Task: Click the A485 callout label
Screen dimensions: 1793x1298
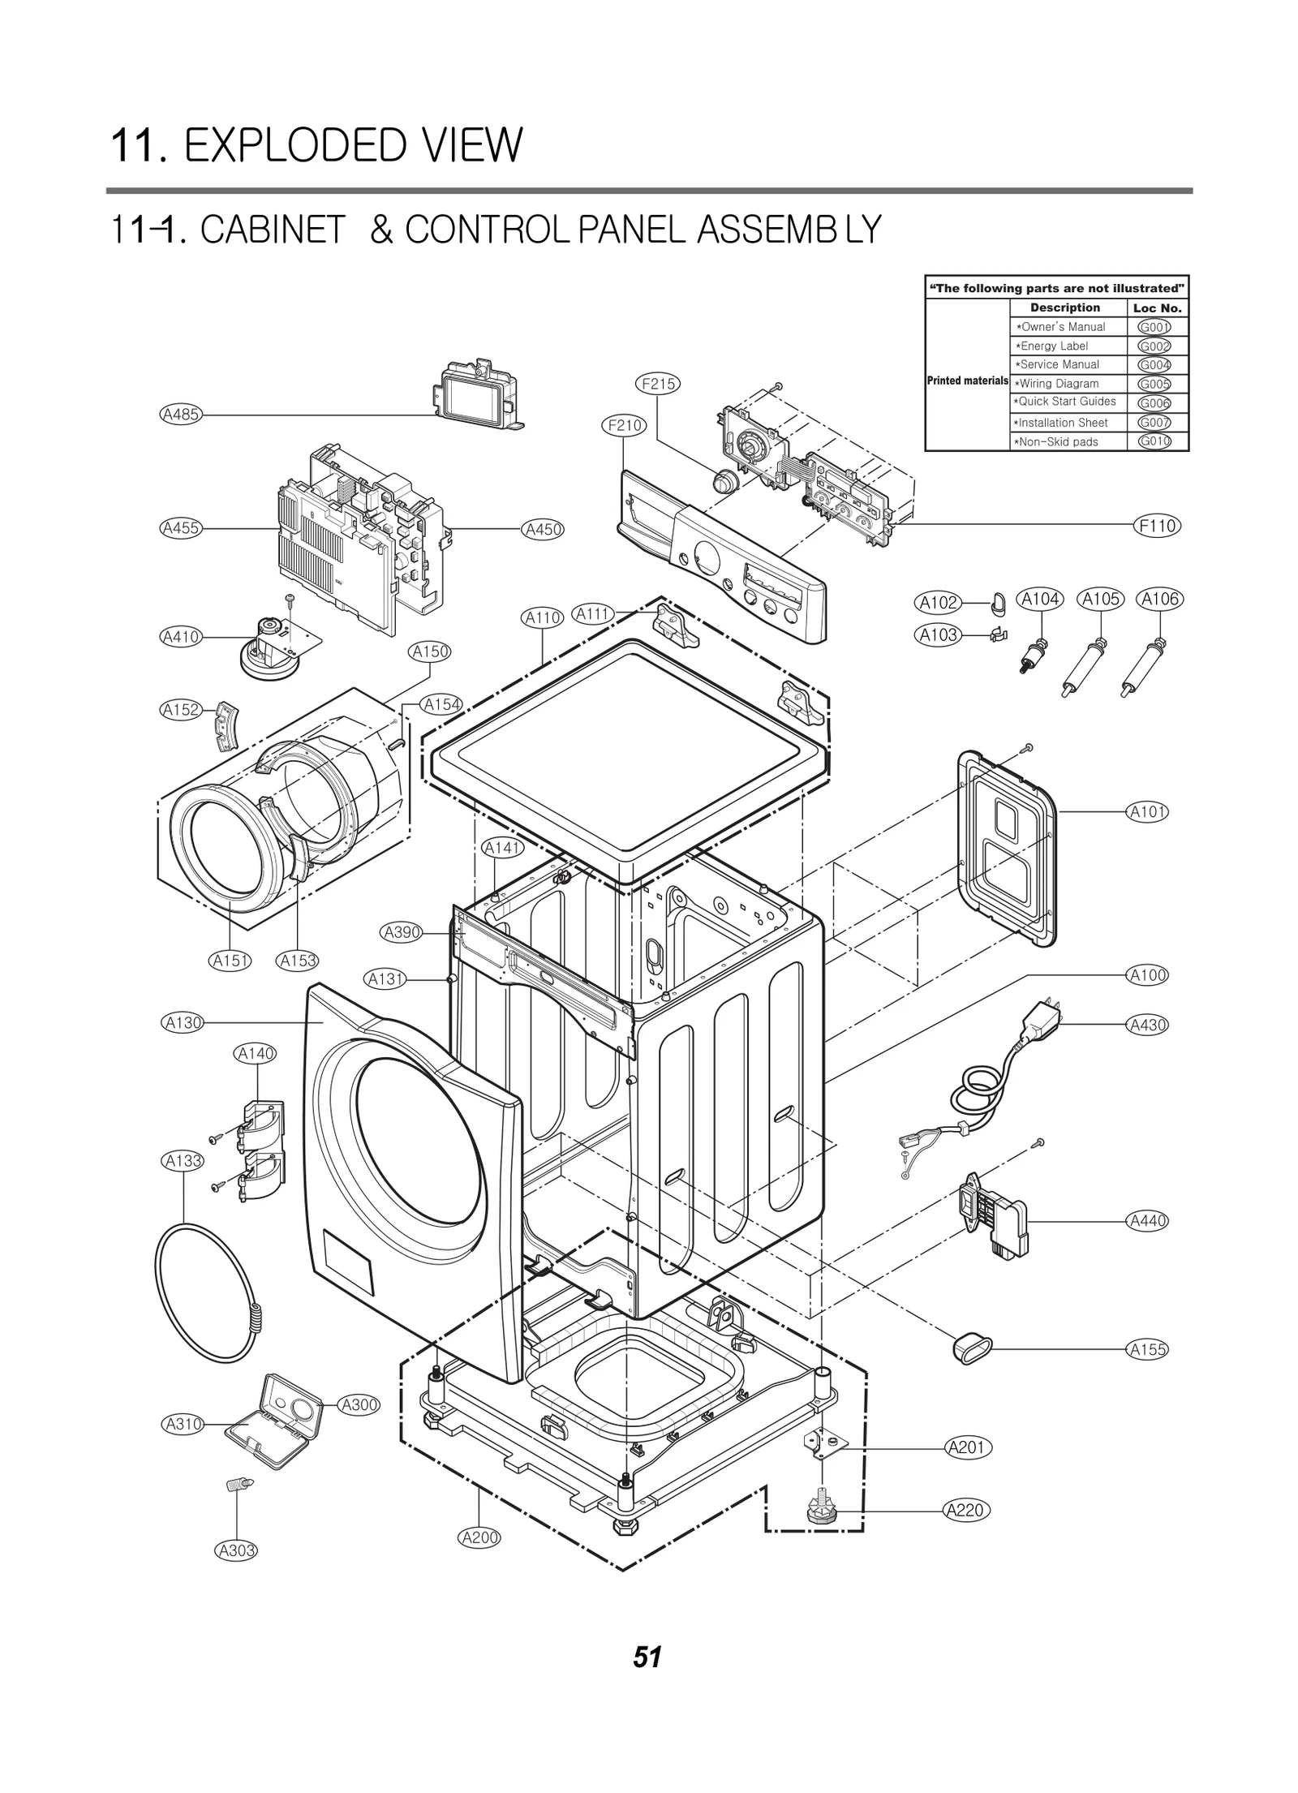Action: [x=180, y=415]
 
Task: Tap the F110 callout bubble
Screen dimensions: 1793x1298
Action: [x=1157, y=526]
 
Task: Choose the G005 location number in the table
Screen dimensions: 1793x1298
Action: [x=1154, y=384]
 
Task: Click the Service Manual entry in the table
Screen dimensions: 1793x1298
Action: [x=1059, y=365]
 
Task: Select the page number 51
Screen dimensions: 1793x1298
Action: [x=647, y=1656]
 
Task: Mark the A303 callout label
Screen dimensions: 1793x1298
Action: [x=236, y=1550]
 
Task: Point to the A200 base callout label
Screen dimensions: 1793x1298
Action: [x=479, y=1537]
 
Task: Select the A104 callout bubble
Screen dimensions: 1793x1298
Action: [x=1040, y=600]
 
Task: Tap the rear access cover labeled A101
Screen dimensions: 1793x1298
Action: [x=1008, y=848]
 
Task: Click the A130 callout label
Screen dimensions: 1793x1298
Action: [x=183, y=1023]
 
